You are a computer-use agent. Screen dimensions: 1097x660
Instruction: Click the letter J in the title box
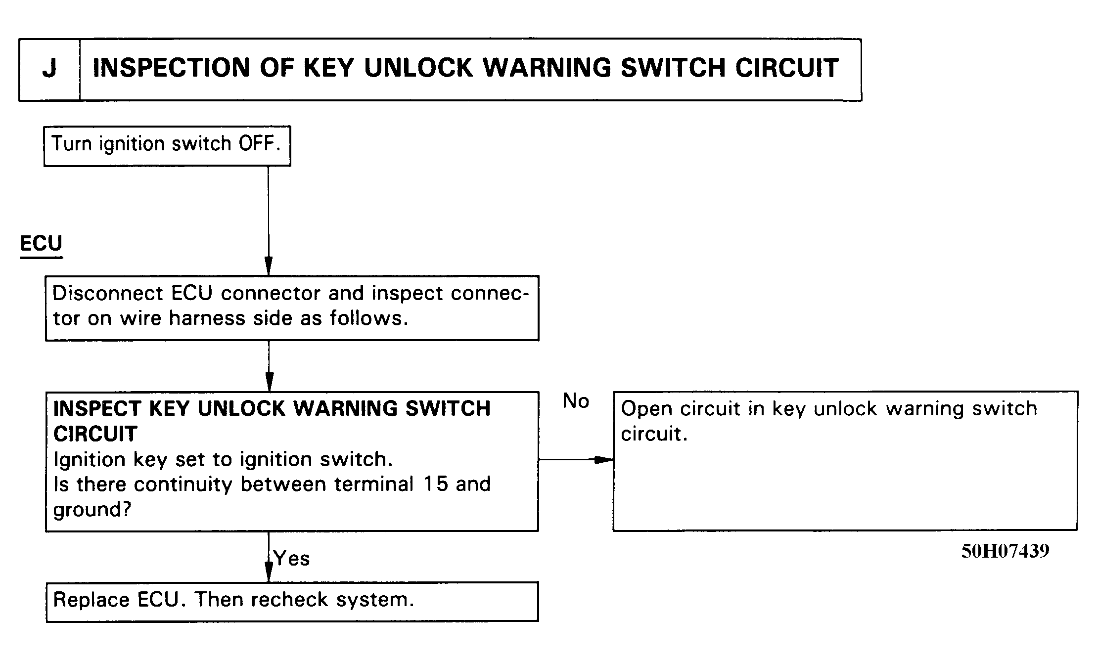point(49,68)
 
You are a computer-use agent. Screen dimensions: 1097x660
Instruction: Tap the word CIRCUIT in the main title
point(787,68)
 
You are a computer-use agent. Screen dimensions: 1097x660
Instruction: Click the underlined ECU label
point(41,243)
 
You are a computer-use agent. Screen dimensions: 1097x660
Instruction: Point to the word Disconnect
point(107,293)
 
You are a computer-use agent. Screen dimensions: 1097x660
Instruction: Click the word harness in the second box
point(207,318)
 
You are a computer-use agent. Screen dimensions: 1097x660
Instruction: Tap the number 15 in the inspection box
point(436,484)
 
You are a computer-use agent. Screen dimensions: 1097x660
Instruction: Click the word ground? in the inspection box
point(92,510)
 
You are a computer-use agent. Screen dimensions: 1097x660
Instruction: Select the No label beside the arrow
point(576,401)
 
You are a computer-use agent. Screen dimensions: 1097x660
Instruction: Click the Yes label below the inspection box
point(292,559)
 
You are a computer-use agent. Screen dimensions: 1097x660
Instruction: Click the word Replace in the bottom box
point(91,600)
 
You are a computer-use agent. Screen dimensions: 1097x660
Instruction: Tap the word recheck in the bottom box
point(289,600)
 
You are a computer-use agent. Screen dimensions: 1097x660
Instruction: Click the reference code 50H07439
point(1005,551)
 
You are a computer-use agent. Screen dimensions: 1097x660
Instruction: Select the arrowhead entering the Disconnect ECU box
point(269,266)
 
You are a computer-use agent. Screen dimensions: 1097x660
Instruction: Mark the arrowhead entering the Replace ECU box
point(269,572)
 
